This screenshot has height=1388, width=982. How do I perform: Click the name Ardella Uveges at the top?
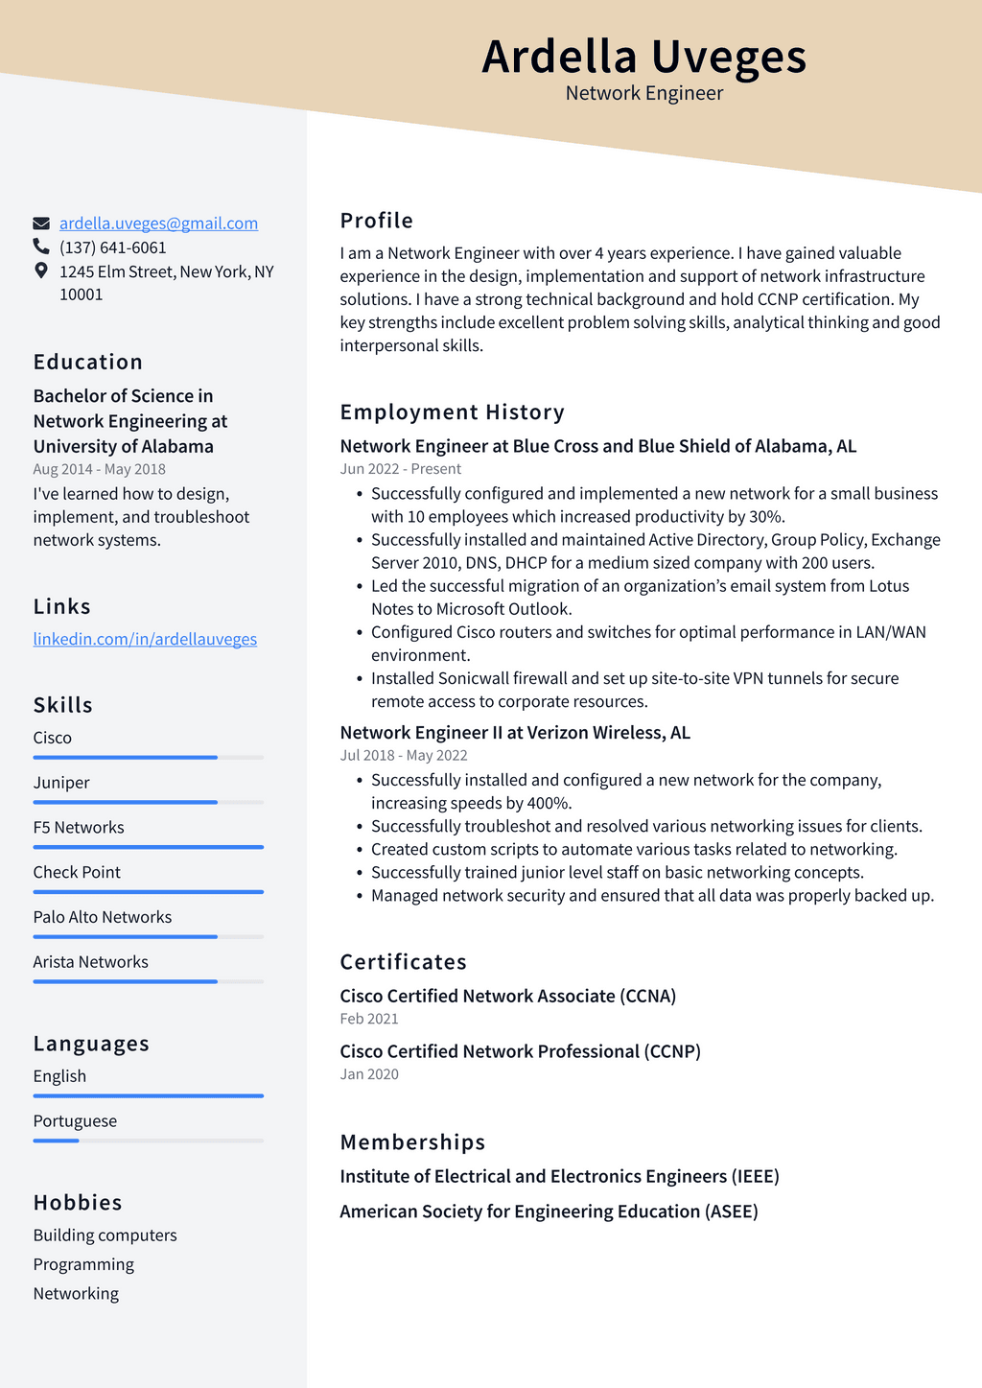643,56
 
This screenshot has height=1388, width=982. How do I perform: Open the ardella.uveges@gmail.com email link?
158,223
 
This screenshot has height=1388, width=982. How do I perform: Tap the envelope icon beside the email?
41,223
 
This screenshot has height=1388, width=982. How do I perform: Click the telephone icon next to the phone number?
41,247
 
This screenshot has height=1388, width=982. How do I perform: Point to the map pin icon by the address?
41,271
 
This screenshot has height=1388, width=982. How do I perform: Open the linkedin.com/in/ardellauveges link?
145,639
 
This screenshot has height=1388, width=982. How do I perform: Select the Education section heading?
88,362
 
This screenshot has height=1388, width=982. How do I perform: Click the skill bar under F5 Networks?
148,847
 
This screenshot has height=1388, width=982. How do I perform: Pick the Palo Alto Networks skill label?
103,917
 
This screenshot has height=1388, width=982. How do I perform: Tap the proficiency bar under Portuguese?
148,1141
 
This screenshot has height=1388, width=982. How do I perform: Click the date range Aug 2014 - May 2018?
99,469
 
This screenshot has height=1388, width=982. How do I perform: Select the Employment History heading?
452,412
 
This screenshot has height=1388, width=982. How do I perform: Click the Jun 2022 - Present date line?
400,469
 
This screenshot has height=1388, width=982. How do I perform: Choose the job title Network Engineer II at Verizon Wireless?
515,733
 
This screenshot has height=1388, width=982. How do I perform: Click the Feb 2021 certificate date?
369,1019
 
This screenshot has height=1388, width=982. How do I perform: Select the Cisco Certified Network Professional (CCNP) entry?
520,1051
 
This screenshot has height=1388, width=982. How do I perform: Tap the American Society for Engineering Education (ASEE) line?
549,1212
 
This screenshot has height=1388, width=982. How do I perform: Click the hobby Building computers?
105,1235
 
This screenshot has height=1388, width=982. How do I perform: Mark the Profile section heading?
376,221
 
